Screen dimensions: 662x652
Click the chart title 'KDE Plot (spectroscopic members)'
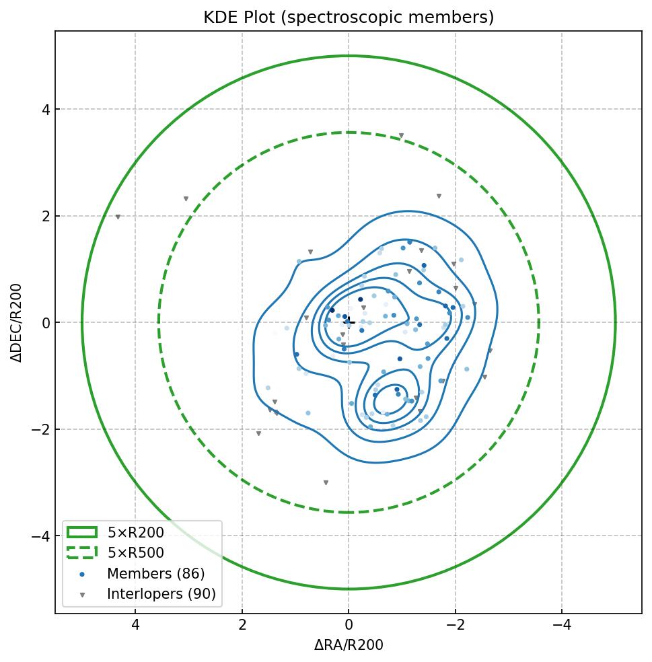pos(349,17)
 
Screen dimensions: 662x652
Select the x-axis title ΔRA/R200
pos(349,645)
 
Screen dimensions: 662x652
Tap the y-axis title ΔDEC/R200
pos(17,323)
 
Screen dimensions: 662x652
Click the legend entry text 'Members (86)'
pos(155,574)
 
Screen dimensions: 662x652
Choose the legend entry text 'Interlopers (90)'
pos(161,594)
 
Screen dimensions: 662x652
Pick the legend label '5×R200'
pos(135,533)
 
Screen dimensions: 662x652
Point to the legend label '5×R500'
pos(135,553)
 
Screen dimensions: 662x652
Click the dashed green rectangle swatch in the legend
pos(81,553)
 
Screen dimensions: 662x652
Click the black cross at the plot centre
pos(349,322)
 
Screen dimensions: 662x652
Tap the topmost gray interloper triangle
pos(401,136)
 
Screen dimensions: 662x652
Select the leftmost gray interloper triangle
pos(118,217)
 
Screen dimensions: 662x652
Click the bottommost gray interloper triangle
pos(326,483)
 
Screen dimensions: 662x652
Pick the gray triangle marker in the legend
pos(81,595)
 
